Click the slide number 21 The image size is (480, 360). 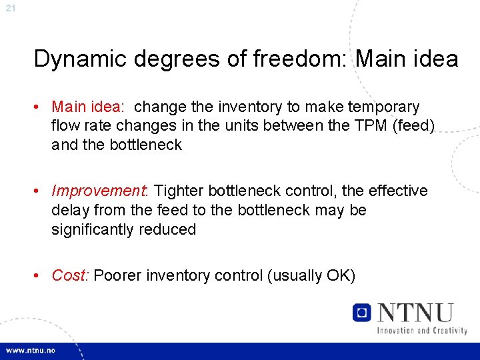(10, 8)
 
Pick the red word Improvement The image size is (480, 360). (100, 191)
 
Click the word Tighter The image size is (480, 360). (179, 191)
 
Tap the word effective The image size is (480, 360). (396, 191)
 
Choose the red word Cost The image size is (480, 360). (69, 275)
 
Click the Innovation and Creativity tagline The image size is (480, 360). (421, 330)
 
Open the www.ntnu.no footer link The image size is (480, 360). (31, 350)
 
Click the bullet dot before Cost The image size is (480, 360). (42, 275)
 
